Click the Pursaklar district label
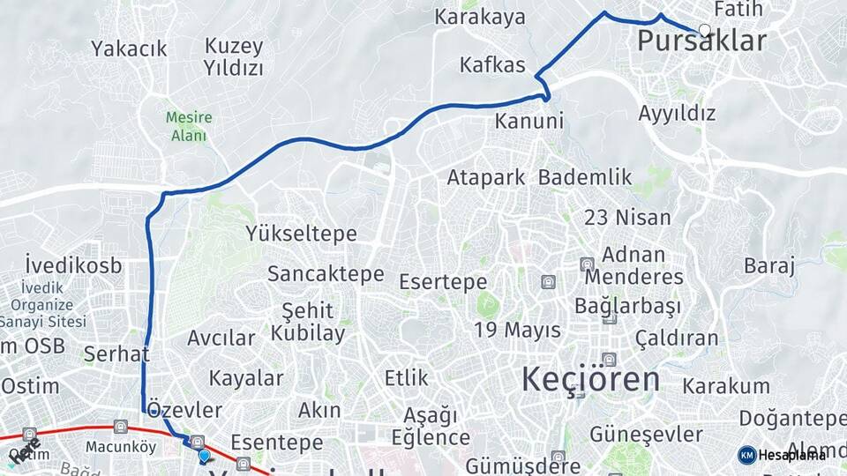[701, 41]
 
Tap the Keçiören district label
[590, 379]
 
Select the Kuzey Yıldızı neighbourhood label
[234, 56]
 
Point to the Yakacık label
[129, 48]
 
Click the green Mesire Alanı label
[188, 126]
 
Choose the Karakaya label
[480, 17]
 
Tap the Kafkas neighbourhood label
[492, 65]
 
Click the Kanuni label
[528, 121]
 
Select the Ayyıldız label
[677, 114]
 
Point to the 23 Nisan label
[627, 217]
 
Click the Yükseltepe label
[302, 234]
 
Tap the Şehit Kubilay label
[308, 322]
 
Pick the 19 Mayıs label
[517, 331]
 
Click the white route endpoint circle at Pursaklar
[704, 30]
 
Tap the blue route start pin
[205, 456]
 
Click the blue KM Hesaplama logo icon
[747, 455]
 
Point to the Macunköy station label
[120, 447]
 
